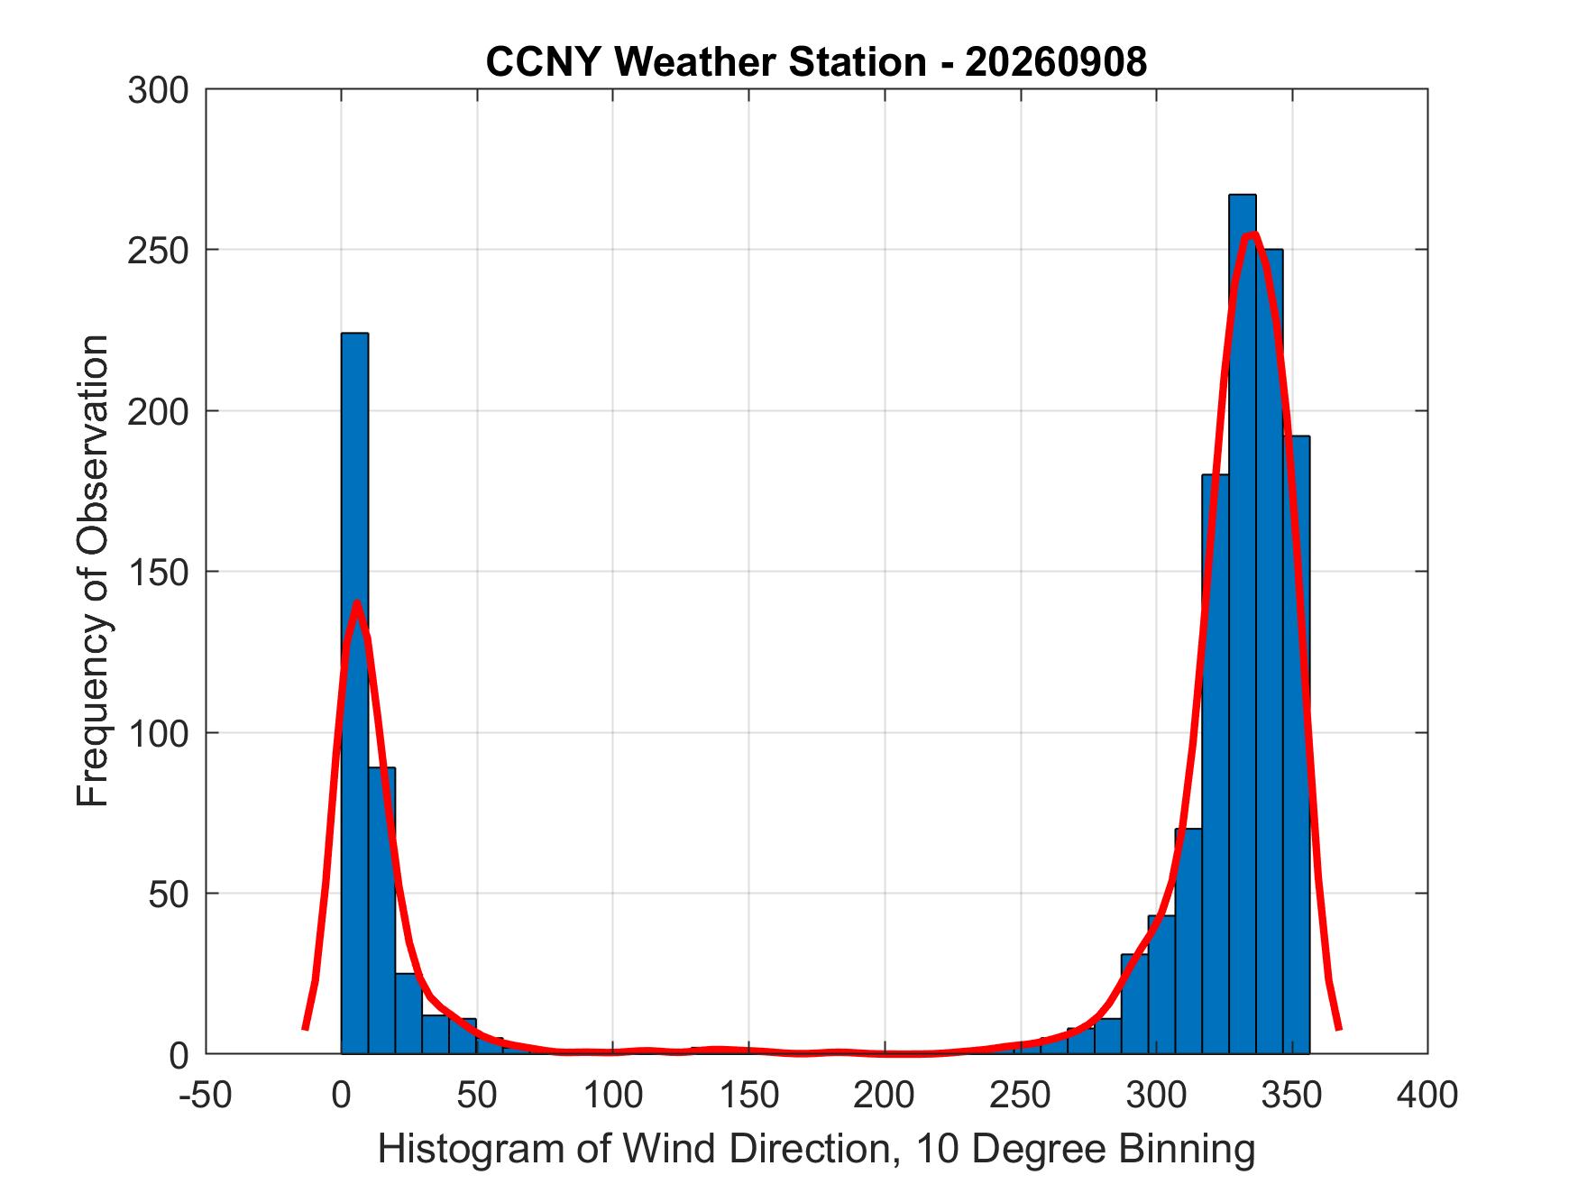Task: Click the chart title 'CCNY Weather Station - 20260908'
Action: pos(816,62)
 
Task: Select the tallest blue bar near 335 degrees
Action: pos(1242,624)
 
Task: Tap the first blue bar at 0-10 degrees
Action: pos(354,693)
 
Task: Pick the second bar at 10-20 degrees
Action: pos(381,911)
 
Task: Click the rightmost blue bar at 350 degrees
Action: pos(1296,745)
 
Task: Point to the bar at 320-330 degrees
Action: pos(1216,764)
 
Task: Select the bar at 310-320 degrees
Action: pos(1188,941)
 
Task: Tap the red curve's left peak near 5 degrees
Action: pos(357,602)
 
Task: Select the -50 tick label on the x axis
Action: pos(206,1095)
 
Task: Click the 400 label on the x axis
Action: pos(1427,1095)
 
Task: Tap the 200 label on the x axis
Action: pos(885,1095)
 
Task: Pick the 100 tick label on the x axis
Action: pos(613,1095)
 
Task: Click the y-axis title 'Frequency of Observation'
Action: pos(93,571)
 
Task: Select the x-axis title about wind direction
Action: pos(816,1150)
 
